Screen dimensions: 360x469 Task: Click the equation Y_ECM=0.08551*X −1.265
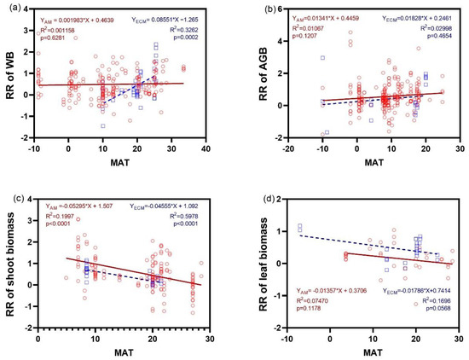pos(173,16)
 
